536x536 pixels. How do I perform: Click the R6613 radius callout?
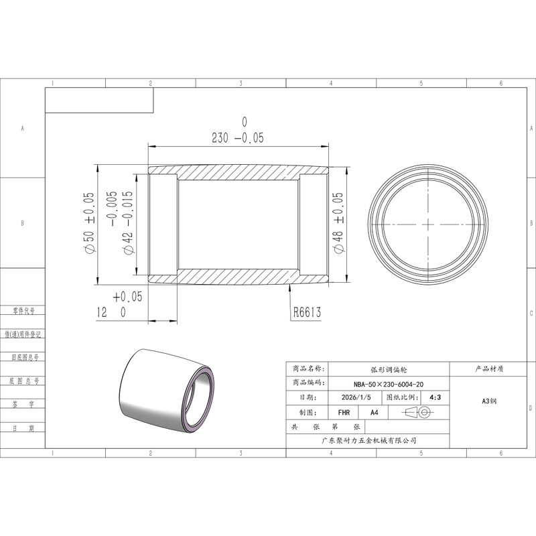tap(308, 312)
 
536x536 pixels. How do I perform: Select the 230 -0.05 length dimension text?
tap(238, 138)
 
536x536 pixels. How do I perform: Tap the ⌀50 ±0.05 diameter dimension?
tap(88, 222)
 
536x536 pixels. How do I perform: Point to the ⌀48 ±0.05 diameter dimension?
tap(338, 223)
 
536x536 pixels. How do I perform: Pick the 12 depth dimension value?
tap(102, 312)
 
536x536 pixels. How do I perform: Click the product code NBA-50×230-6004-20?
tap(389, 384)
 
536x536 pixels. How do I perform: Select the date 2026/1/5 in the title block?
tap(356, 397)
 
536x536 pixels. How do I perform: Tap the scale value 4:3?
tap(435, 397)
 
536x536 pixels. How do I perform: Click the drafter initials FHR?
tap(344, 413)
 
